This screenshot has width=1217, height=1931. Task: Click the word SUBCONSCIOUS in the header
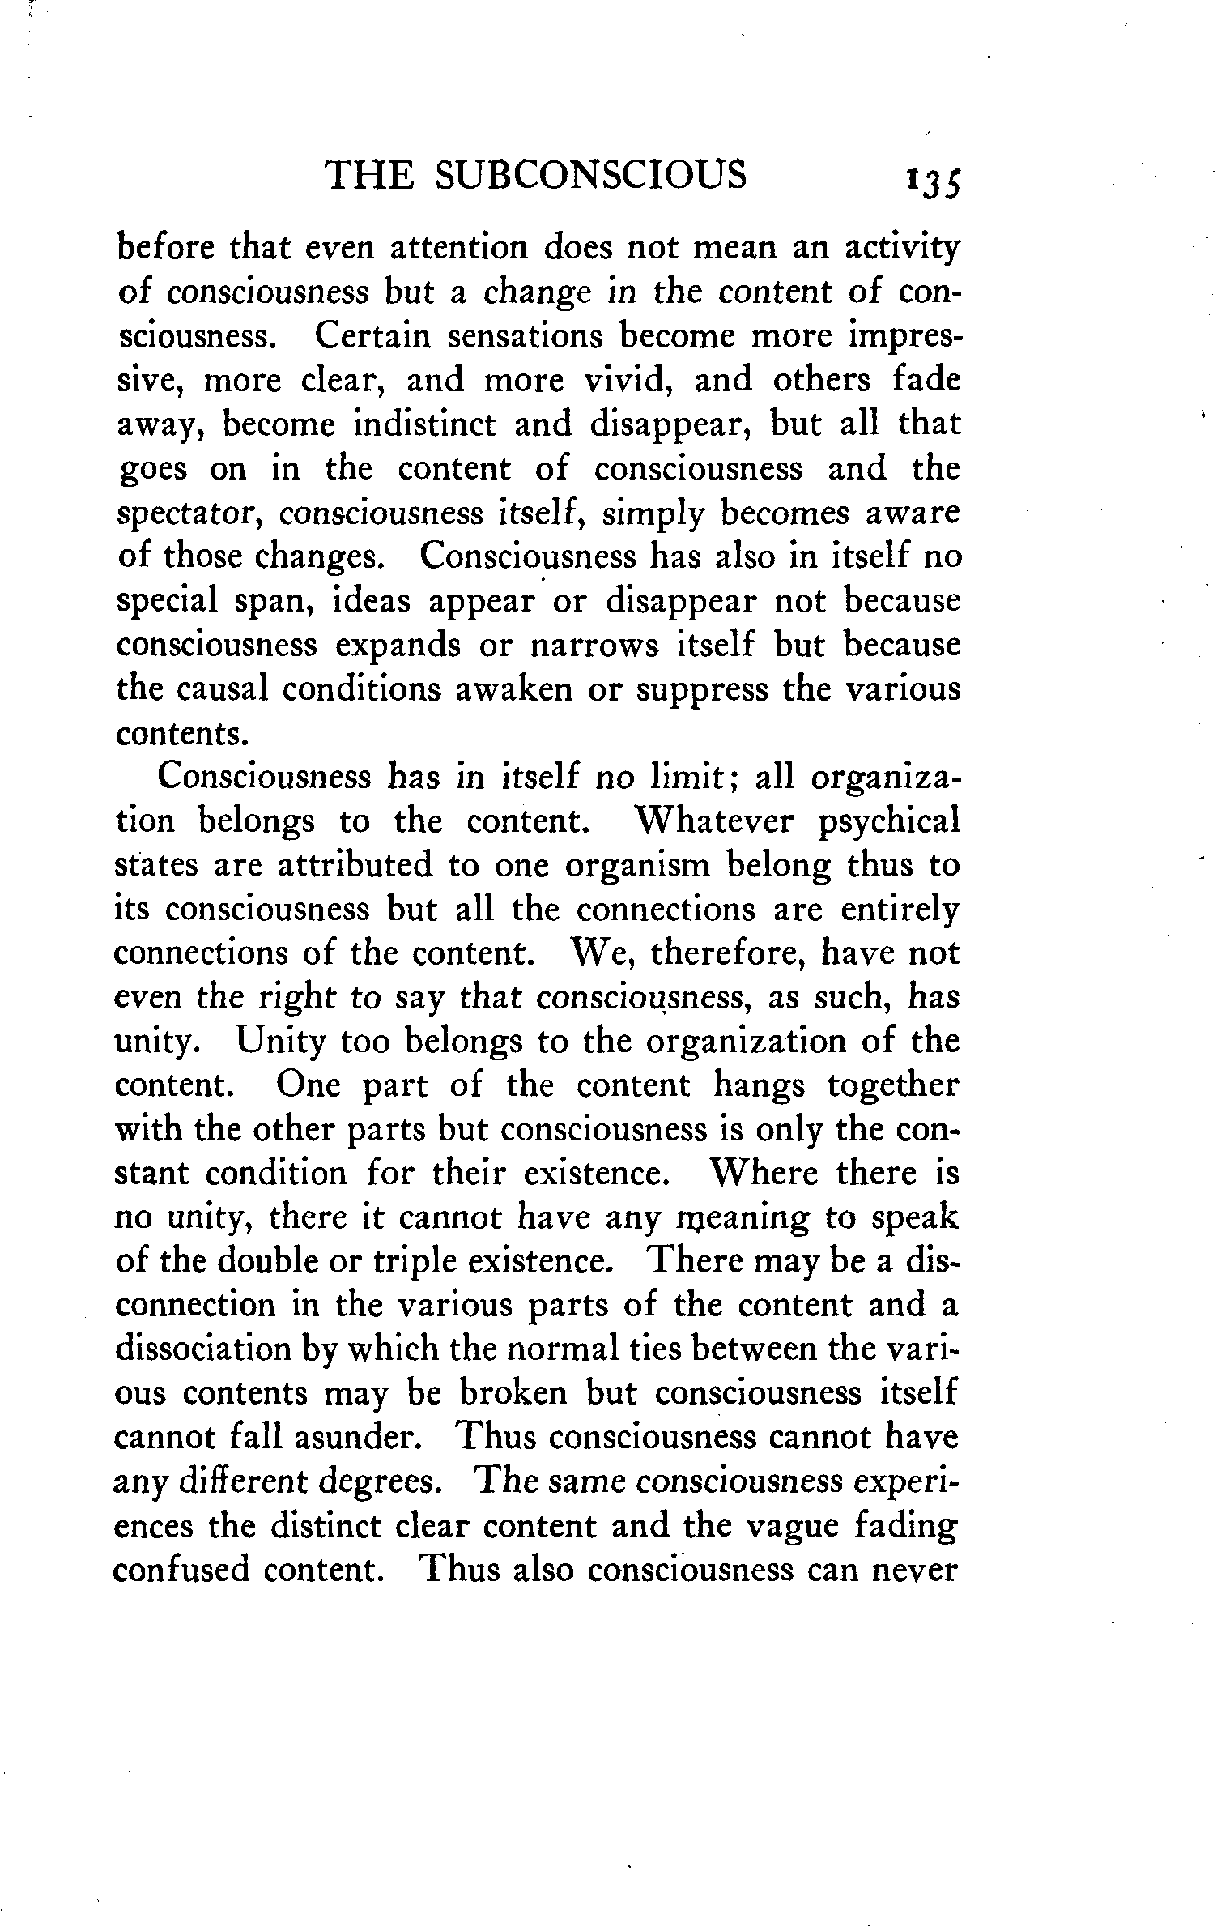coord(590,175)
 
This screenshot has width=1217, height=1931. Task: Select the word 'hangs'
coord(759,1086)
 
